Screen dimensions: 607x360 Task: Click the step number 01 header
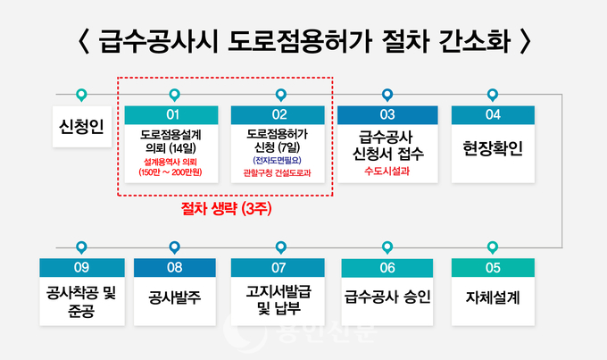pos(171,114)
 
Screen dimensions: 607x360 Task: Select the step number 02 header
pos(278,114)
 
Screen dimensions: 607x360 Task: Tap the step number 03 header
pos(387,114)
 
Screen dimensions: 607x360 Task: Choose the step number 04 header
pos(493,114)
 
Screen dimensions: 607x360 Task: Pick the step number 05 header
pos(493,268)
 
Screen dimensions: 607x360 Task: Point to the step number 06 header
pos(387,268)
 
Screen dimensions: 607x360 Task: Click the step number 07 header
pos(278,268)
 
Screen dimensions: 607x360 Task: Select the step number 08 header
pos(175,268)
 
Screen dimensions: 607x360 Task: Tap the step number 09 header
pos(82,268)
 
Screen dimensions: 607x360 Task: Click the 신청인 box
pos(82,127)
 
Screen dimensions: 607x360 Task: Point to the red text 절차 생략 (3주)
pos(226,209)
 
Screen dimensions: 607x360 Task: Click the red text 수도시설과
pos(387,171)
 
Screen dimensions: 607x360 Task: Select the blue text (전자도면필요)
pos(278,160)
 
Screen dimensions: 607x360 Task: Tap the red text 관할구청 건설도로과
pos(278,172)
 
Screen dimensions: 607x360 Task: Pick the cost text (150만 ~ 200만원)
pos(170,172)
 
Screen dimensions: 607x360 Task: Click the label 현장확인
pos(493,148)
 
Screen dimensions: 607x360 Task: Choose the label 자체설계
pos(493,297)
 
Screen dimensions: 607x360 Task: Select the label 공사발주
pos(175,297)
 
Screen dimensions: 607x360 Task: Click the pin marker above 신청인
pos(81,95)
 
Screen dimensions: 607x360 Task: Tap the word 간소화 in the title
pos(475,41)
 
